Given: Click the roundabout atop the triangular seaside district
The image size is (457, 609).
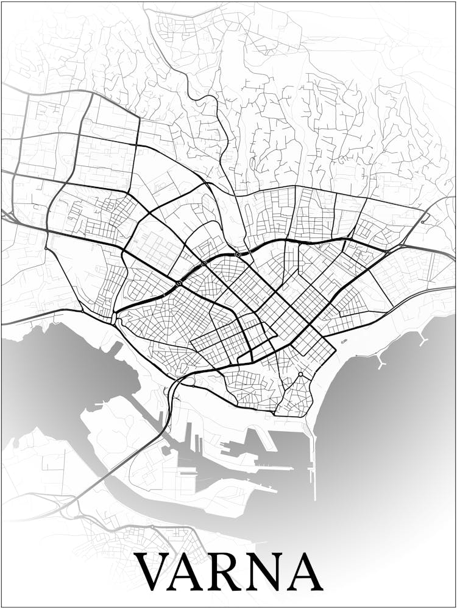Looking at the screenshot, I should [x=300, y=374].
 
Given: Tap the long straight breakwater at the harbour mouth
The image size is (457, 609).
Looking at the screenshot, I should [x=314, y=463].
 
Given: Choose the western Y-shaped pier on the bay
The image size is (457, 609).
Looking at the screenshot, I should [x=381, y=363].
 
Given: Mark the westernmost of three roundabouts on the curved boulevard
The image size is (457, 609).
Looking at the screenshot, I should [x=179, y=283].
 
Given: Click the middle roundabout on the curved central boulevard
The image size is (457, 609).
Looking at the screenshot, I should [x=204, y=263].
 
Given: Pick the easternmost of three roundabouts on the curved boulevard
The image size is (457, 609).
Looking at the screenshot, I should [x=238, y=254].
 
